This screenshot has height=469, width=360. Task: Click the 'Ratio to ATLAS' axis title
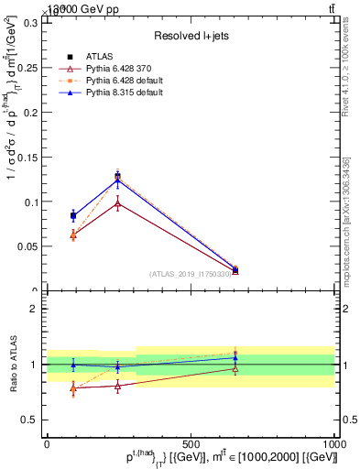pyautogui.click(x=13, y=364)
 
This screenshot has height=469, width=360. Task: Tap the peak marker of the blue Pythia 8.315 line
pyautogui.click(x=117, y=180)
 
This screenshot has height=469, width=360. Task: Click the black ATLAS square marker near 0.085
pyautogui.click(x=73, y=215)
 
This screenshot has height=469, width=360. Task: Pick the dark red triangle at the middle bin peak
pyautogui.click(x=117, y=203)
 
